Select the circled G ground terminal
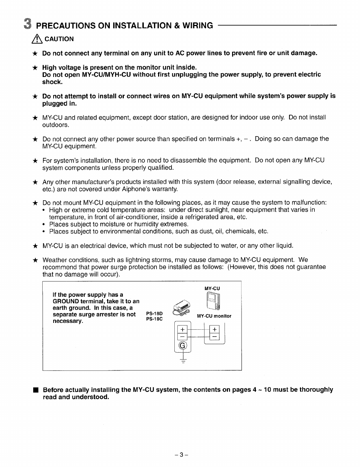tap(183, 346)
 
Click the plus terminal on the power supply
tap(183, 328)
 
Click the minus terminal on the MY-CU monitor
tap(215, 336)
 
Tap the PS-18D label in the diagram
tap(154, 313)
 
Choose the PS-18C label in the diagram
tap(154, 319)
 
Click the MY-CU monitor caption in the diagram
tap(214, 316)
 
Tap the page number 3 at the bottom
tap(181, 455)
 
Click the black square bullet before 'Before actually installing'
tap(35, 390)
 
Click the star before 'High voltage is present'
tap(35, 68)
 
